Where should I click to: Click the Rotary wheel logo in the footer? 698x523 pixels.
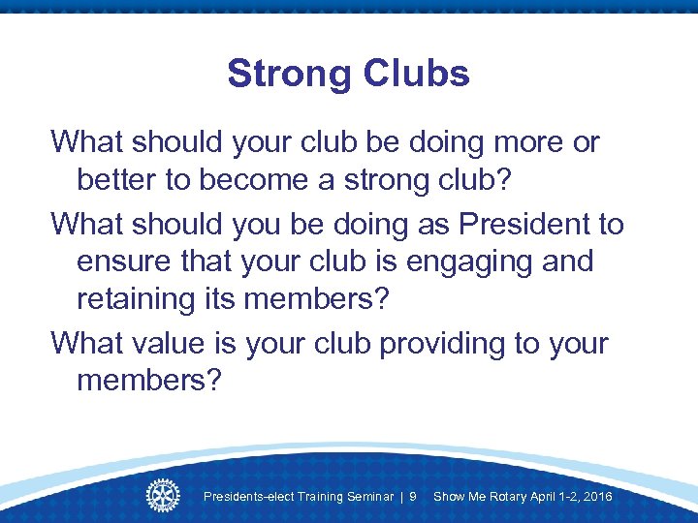click(x=163, y=495)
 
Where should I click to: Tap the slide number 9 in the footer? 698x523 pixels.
click(x=413, y=497)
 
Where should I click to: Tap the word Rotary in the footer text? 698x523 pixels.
click(x=505, y=497)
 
